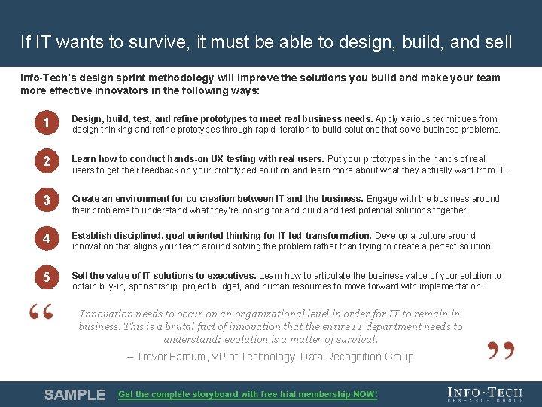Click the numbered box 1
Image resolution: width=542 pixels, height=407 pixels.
coord(46,124)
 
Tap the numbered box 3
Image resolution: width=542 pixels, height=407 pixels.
coord(46,200)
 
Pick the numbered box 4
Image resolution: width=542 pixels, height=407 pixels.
coord(46,239)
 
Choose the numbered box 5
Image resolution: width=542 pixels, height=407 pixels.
coord(46,278)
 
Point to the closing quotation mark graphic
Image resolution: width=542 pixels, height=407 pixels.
coord(500,349)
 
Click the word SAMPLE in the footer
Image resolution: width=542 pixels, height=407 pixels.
coord(75,395)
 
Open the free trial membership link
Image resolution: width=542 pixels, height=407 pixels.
coord(248,395)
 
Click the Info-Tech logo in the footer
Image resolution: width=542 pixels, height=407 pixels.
coord(484,394)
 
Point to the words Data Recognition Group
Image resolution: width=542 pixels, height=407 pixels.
coord(357,357)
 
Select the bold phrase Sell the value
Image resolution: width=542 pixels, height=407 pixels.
coord(102,276)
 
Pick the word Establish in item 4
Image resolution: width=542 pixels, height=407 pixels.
coord(91,236)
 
